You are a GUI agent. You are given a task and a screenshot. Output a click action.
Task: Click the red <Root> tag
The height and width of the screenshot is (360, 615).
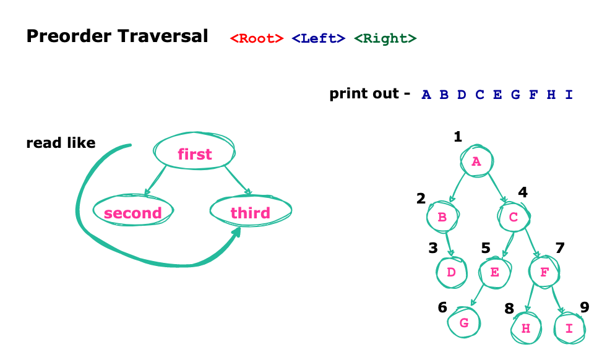click(x=256, y=38)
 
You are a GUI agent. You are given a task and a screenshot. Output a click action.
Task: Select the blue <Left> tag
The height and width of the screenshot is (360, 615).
click(x=318, y=38)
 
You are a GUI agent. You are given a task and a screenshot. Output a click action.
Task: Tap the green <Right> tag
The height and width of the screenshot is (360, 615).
click(x=385, y=38)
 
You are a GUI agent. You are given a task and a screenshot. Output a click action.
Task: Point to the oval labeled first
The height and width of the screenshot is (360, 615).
click(x=195, y=154)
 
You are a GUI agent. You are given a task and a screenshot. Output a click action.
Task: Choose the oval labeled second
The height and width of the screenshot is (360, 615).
click(x=133, y=213)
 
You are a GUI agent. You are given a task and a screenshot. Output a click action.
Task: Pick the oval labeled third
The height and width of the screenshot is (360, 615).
click(x=250, y=213)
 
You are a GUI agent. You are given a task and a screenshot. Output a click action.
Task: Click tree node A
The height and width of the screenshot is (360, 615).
click(x=476, y=161)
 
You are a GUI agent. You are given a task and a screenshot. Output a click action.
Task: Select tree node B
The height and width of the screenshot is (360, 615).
click(x=442, y=217)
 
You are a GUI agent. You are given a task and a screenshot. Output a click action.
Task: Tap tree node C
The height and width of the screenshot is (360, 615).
click(x=514, y=217)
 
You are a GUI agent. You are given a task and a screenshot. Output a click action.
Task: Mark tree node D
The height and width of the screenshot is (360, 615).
click(x=452, y=272)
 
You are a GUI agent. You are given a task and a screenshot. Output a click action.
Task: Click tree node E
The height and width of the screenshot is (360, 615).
click(x=495, y=272)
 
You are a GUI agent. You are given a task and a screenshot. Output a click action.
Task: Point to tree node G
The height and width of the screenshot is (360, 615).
click(x=464, y=323)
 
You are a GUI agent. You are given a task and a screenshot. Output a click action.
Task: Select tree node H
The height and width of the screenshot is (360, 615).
click(x=526, y=328)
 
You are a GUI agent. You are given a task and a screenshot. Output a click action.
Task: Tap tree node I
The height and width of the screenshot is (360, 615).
click(x=569, y=328)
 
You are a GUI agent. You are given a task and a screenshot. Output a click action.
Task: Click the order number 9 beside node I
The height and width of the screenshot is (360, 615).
click(x=584, y=307)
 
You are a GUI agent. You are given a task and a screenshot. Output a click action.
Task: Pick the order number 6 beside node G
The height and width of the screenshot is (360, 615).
click(x=442, y=307)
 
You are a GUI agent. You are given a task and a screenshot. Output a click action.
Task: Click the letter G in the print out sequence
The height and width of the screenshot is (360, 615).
click(x=515, y=95)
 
